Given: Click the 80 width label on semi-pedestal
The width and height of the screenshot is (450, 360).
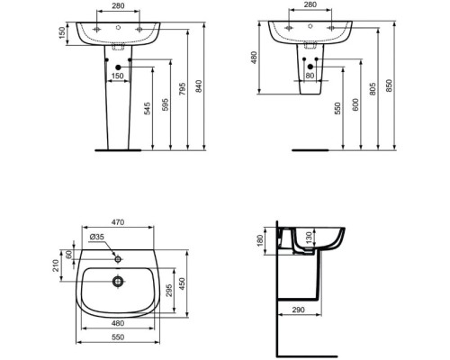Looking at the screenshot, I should (x=310, y=76).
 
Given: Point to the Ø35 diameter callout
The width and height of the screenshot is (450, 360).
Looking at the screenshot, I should (x=97, y=237).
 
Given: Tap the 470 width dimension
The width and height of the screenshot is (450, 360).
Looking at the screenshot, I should (x=118, y=221).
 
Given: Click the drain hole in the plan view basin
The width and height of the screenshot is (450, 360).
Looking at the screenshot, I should (x=118, y=280).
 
